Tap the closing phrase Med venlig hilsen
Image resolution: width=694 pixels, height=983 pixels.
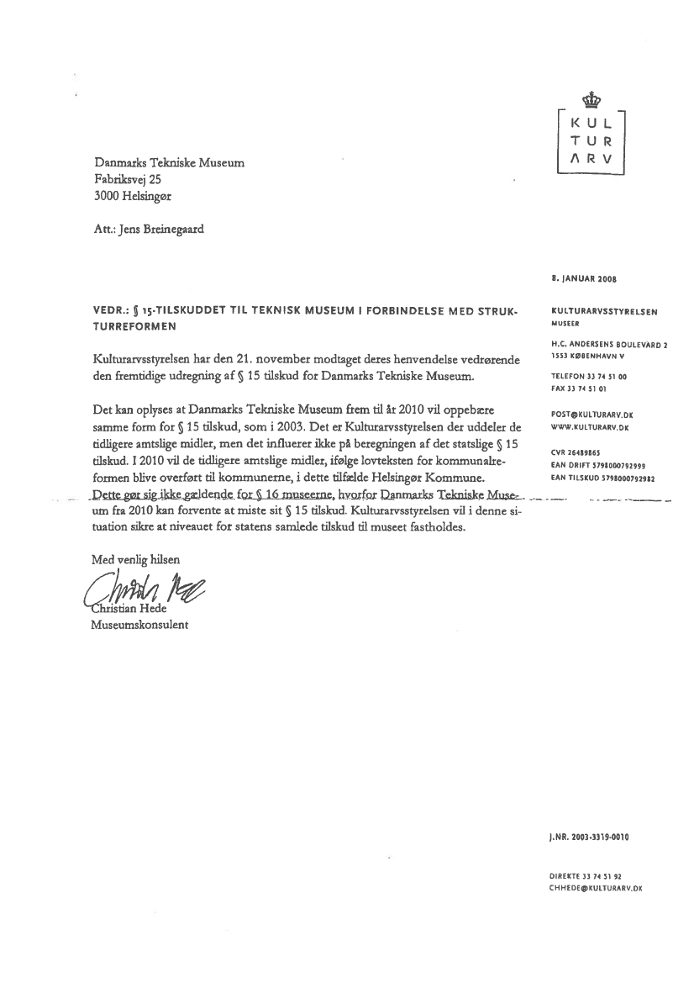coord(134,558)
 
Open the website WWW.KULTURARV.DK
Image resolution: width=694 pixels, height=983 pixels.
coord(590,428)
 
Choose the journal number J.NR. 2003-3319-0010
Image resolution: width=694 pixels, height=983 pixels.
coord(589,838)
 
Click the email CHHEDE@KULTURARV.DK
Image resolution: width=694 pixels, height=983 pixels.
coord(595,887)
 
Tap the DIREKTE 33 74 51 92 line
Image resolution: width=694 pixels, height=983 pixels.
coord(586,875)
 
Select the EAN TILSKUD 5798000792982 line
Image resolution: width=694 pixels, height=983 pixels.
coord(602,478)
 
